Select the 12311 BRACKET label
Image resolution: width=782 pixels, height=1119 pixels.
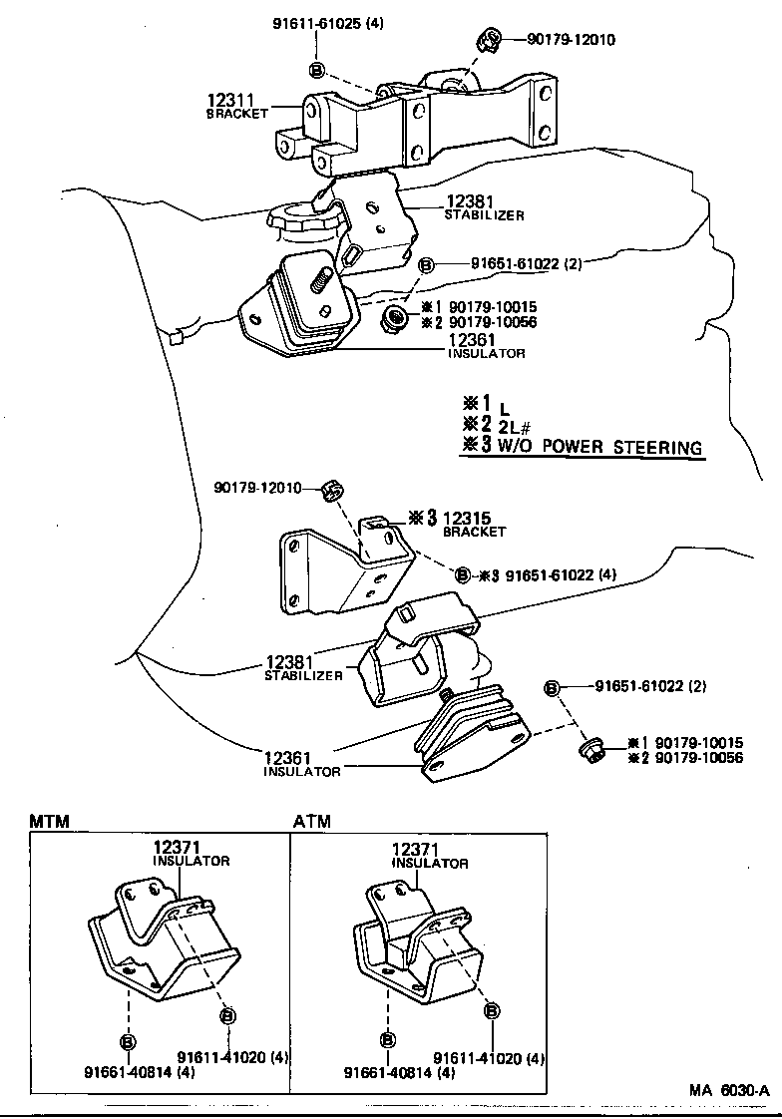click(x=237, y=106)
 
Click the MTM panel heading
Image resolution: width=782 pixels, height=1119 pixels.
click(x=49, y=822)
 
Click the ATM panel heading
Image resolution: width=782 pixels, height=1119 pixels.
click(x=311, y=822)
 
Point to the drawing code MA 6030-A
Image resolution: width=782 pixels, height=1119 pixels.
click(x=728, y=1090)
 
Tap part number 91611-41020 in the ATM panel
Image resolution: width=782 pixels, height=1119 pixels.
click(x=489, y=1058)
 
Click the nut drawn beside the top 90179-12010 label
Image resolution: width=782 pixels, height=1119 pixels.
click(x=489, y=41)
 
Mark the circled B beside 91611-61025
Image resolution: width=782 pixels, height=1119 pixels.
click(x=316, y=70)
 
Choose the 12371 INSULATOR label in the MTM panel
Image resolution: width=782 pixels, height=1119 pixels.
click(x=191, y=853)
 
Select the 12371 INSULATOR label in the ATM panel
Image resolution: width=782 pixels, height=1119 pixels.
click(x=430, y=855)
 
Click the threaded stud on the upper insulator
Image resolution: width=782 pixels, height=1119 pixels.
click(x=321, y=281)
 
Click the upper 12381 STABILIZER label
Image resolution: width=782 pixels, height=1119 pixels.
click(x=484, y=206)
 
